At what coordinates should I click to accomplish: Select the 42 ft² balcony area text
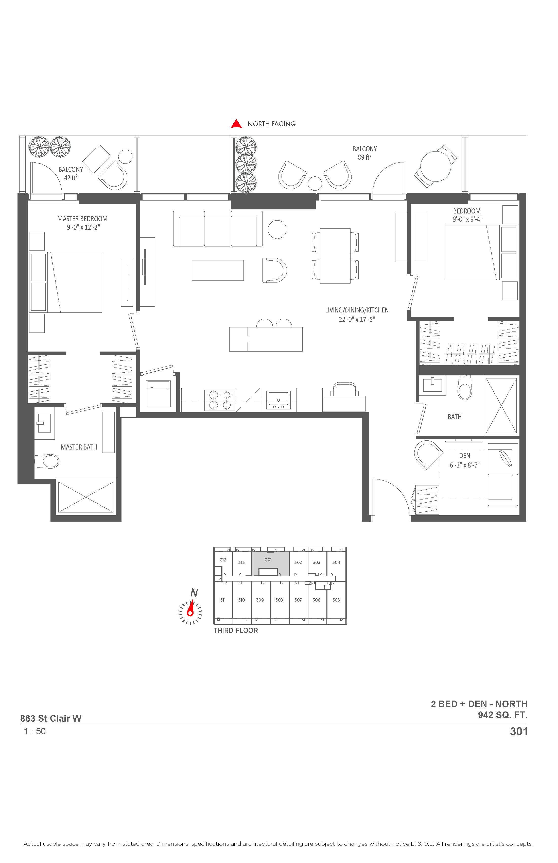[71, 178]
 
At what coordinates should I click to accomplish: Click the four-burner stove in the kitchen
[220, 400]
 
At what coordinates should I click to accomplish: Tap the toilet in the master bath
[48, 462]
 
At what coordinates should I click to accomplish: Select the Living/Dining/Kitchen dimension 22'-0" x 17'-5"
[357, 320]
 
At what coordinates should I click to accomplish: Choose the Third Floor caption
[236, 630]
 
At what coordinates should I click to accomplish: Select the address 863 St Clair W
[51, 718]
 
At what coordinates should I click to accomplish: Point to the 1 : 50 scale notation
[35, 731]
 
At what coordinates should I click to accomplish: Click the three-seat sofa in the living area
[218, 229]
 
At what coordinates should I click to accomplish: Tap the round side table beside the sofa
[277, 229]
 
